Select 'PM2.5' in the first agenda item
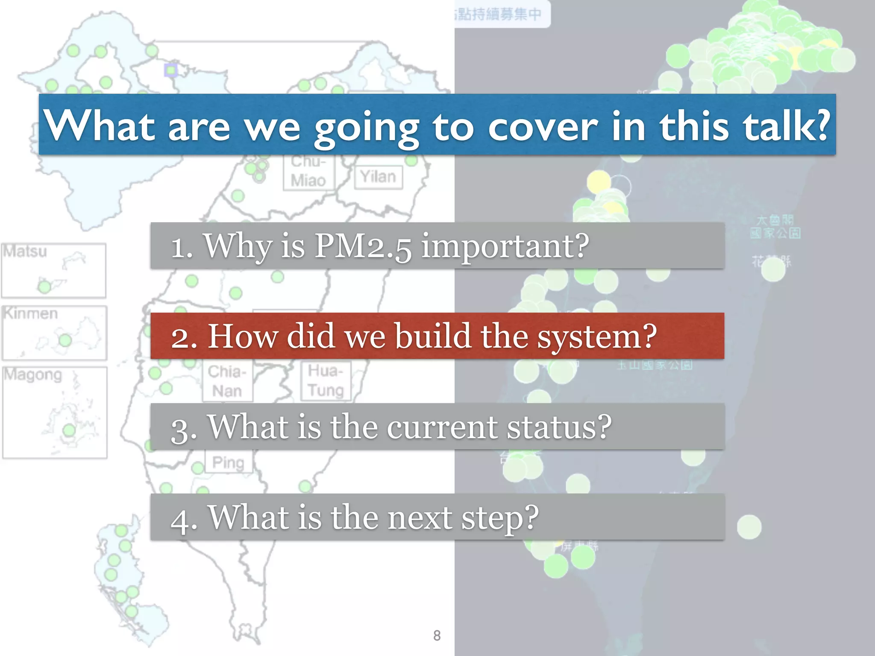point(363,246)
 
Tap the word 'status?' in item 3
point(559,427)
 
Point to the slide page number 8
point(437,635)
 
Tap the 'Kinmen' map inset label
point(30,313)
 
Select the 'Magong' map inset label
point(33,375)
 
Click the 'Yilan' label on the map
point(378,176)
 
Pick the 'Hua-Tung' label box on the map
point(326,381)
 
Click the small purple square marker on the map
point(171,70)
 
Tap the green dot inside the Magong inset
point(69,430)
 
